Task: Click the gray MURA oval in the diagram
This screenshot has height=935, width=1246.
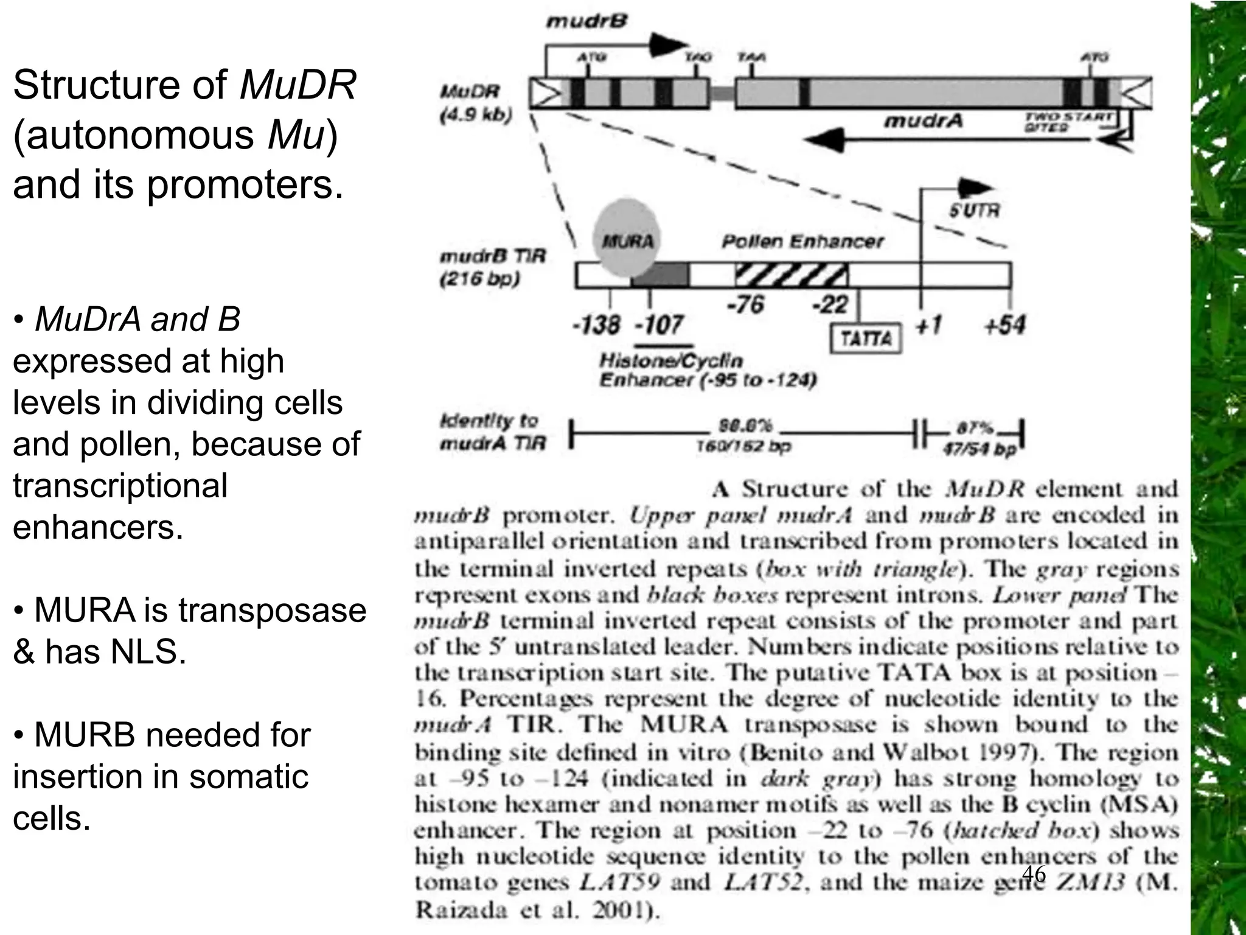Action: coord(627,240)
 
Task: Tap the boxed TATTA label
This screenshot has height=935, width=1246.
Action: coord(866,338)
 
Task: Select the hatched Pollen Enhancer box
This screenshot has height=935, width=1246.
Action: coord(792,275)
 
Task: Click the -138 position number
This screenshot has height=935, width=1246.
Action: coord(596,324)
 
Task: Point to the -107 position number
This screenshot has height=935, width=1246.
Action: coord(660,324)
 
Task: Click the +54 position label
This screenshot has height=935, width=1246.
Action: coord(1004,324)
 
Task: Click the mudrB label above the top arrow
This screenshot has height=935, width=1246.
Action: coord(586,22)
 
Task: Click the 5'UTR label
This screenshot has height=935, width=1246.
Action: coord(974,211)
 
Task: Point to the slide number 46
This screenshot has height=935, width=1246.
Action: coord(1034,874)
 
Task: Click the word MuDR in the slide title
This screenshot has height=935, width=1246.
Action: coord(298,85)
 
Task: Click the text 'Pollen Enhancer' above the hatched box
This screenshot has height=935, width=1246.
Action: coord(802,242)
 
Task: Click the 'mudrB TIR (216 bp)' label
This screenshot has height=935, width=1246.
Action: coord(493,268)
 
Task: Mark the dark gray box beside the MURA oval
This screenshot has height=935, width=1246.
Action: coord(660,275)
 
